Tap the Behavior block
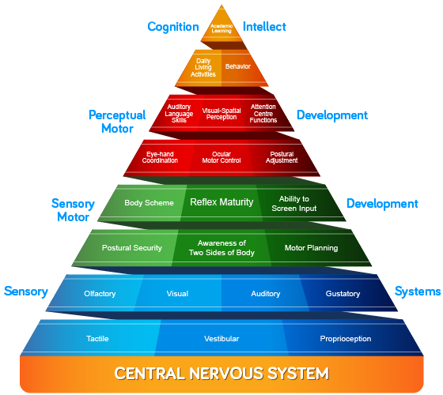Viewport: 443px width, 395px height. (x=237, y=67)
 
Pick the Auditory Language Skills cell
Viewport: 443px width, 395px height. (x=179, y=114)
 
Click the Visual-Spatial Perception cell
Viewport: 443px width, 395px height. (x=221, y=114)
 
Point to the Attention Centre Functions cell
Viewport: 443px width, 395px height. (x=263, y=114)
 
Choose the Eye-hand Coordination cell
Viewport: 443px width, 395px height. (x=160, y=157)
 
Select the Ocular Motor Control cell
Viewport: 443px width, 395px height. (x=221, y=157)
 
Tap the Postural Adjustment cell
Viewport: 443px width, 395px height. (x=282, y=157)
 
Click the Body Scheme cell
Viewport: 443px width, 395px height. (x=149, y=203)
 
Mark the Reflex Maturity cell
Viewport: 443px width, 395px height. (x=221, y=202)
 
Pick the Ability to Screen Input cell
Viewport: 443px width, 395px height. (x=295, y=203)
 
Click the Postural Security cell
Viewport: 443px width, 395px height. (x=131, y=248)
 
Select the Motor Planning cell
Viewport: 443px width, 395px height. (x=312, y=248)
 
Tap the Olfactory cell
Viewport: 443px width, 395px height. (x=100, y=294)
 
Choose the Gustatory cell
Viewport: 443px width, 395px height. (x=343, y=294)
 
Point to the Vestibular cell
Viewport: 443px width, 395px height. (x=221, y=339)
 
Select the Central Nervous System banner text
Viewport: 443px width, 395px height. (x=221, y=372)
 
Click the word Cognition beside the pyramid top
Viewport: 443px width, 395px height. (x=172, y=27)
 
